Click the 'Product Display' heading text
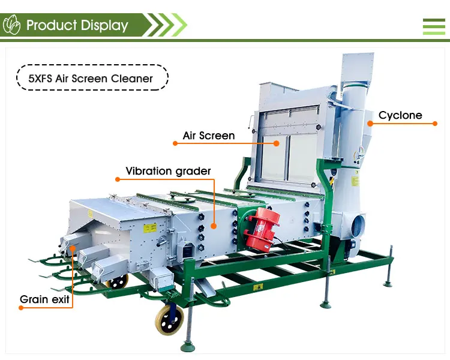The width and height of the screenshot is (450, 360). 77,25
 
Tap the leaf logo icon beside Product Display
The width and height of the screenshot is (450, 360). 12,25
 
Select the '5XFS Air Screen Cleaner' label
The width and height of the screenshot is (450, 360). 92,78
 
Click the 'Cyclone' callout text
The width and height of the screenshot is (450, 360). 400,115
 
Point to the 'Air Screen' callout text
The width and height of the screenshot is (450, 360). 209,136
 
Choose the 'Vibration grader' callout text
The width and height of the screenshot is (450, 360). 168,171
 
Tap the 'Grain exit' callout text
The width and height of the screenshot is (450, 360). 44,299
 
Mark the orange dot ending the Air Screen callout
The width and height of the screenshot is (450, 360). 277,143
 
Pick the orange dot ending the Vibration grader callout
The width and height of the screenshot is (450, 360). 213,226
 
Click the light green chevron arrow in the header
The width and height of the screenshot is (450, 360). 178,25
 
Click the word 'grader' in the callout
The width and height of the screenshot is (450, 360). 193,171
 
